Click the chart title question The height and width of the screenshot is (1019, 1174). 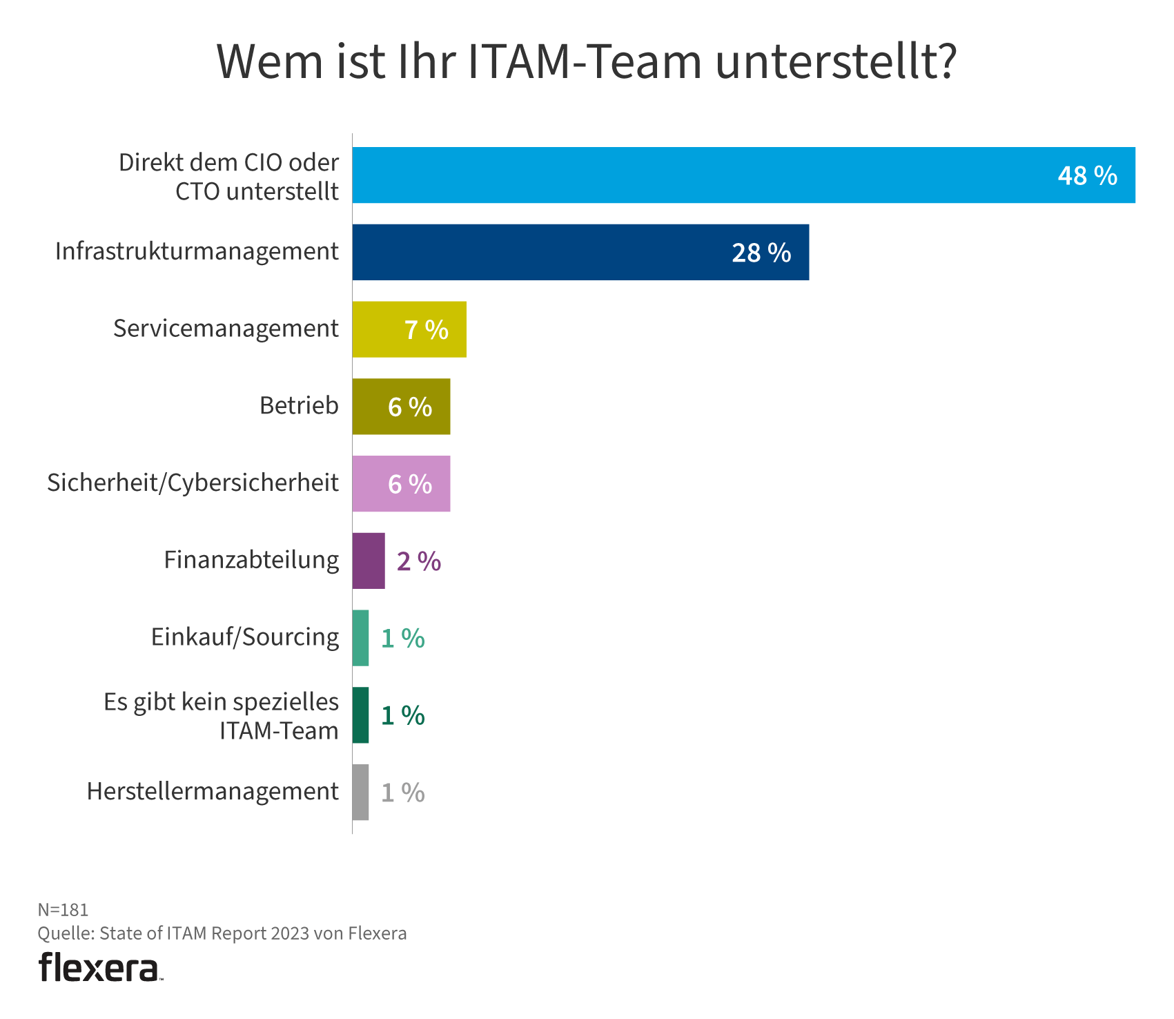tap(587, 62)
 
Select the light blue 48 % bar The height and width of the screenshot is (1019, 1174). tap(743, 175)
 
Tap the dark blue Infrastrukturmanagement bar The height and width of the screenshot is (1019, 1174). tap(580, 252)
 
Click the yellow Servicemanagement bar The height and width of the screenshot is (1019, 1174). tap(409, 329)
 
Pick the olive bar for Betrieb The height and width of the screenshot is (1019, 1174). tap(401, 407)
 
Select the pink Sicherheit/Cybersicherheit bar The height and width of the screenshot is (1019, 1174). tap(401, 484)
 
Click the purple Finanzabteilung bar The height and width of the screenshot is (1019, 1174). tap(369, 561)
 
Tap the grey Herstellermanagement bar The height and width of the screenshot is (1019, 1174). tap(360, 793)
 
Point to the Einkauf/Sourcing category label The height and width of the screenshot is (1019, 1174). tap(245, 637)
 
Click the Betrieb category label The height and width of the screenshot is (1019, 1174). tap(299, 406)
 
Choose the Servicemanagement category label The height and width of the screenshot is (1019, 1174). tap(226, 329)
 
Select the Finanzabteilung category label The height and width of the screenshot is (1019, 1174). tap(251, 560)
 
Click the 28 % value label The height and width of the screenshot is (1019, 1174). tap(761, 253)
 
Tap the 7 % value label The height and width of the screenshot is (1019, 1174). tap(427, 331)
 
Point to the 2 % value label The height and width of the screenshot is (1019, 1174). tap(419, 562)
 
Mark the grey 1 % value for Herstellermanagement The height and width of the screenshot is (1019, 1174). tap(403, 793)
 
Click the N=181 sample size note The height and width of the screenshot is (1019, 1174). tap(63, 910)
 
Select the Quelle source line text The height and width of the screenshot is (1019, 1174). tap(222, 934)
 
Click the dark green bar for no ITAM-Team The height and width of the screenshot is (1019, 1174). tap(360, 715)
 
